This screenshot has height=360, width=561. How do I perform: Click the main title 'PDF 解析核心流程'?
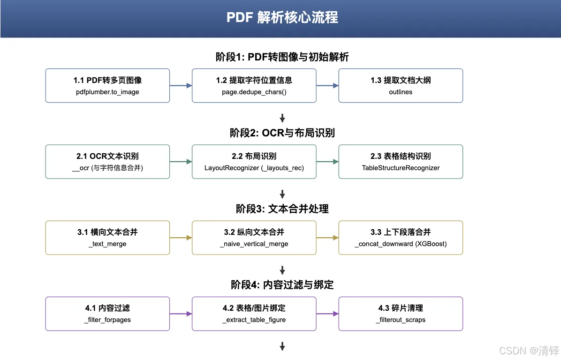(x=282, y=17)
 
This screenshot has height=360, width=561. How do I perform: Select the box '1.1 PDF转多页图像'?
(x=107, y=86)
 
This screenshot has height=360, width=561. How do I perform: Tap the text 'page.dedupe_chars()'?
(x=254, y=92)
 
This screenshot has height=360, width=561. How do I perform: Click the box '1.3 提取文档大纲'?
(x=401, y=86)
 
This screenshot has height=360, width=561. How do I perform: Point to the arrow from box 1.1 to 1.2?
(x=181, y=86)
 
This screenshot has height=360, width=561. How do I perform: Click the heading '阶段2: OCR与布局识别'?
(x=282, y=133)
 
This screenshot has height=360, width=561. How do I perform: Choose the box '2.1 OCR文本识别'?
(x=107, y=162)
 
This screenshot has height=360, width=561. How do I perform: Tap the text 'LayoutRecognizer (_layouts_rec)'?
(x=254, y=168)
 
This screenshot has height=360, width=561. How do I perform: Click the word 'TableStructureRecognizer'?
(x=401, y=168)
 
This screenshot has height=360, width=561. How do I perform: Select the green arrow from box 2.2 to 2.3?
(x=327, y=162)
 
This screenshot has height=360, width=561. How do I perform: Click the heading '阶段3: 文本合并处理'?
(x=282, y=209)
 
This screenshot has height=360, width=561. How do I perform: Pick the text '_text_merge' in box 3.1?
(x=107, y=244)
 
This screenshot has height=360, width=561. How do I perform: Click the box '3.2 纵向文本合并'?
(x=254, y=238)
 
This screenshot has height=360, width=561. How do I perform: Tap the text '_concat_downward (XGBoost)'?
(x=401, y=244)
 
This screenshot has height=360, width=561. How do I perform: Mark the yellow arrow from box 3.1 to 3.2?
(x=181, y=238)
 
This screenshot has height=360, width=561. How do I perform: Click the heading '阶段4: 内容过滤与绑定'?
(x=282, y=285)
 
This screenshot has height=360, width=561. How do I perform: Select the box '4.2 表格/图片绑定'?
(x=254, y=314)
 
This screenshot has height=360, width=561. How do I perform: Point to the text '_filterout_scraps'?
(x=401, y=320)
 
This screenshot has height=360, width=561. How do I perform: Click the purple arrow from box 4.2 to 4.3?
(x=327, y=314)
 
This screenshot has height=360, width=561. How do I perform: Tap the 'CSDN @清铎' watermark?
(x=529, y=351)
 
